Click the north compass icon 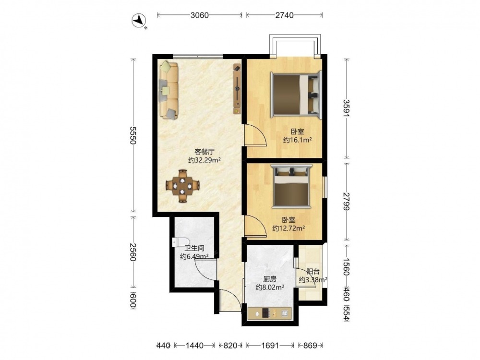139,21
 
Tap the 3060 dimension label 200,15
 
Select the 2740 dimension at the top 284,15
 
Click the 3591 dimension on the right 346,108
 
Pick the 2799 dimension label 346,202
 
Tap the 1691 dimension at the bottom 270,346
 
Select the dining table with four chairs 182,186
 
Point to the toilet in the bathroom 178,242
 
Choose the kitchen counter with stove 269,313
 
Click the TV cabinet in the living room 237,89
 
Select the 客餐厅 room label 204,152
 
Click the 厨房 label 270,279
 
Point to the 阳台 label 313,272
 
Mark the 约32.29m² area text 204,160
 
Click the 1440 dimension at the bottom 194,346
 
